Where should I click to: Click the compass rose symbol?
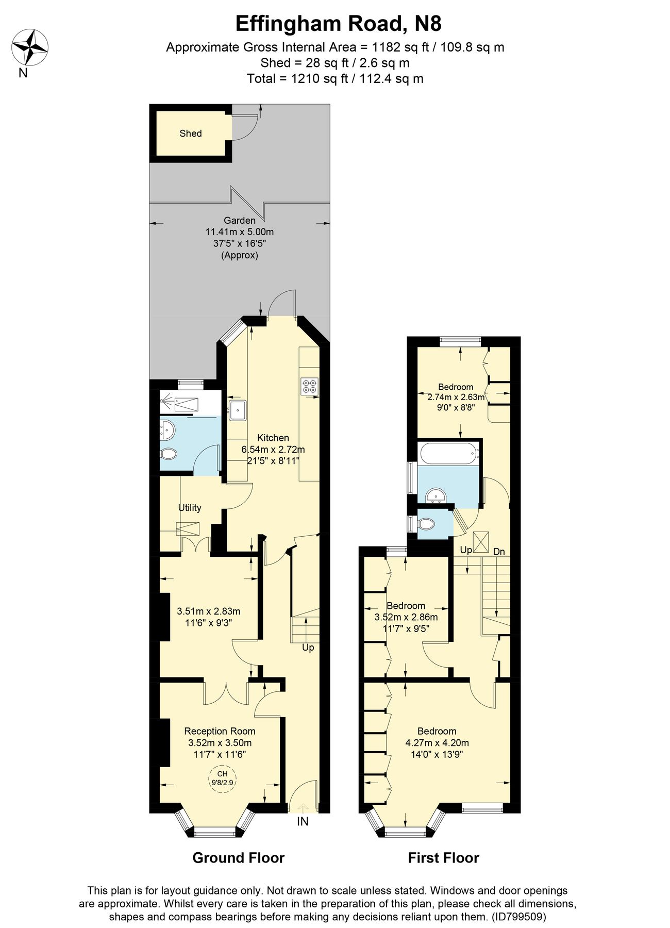(x=30, y=47)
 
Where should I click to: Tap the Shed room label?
(x=190, y=134)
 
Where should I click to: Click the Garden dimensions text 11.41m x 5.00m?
(x=240, y=232)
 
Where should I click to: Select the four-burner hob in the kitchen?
(x=310, y=387)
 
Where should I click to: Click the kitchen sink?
(x=238, y=410)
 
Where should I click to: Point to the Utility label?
(x=190, y=508)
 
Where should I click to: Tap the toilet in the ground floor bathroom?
(x=169, y=454)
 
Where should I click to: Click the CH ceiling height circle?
(x=222, y=777)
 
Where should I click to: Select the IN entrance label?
(x=303, y=822)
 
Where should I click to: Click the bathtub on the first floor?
(x=449, y=453)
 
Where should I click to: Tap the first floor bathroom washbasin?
(x=436, y=496)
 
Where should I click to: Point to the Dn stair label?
(x=499, y=552)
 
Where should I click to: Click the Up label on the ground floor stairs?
(x=308, y=648)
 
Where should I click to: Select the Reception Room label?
(x=220, y=731)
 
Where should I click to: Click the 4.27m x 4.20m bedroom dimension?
(x=437, y=743)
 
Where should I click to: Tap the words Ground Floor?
(x=238, y=858)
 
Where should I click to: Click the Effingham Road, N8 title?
(x=338, y=24)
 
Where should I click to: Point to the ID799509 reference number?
(x=518, y=917)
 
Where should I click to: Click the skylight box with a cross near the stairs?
(x=480, y=542)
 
